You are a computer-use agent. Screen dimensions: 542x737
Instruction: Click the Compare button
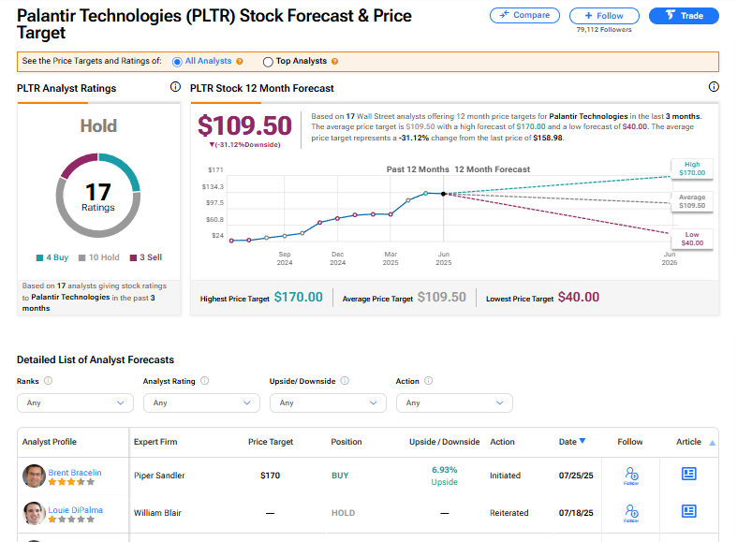click(x=524, y=15)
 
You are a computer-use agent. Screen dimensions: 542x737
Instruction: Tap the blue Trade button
click(x=684, y=15)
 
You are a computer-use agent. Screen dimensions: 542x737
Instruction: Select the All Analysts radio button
click(x=177, y=62)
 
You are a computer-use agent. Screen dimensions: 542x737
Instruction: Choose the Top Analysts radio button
click(x=268, y=62)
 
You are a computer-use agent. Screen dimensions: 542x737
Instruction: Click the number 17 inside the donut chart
click(x=98, y=192)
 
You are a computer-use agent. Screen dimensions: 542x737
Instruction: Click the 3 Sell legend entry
click(x=145, y=257)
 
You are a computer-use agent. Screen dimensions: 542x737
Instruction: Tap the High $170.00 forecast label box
click(x=691, y=168)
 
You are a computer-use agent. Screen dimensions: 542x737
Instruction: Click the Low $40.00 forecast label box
click(x=691, y=239)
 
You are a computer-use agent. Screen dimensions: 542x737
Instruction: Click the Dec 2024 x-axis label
click(x=338, y=257)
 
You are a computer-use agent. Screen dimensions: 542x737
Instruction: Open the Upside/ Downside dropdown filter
click(x=328, y=403)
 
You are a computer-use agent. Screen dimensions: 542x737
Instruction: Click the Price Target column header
click(x=271, y=442)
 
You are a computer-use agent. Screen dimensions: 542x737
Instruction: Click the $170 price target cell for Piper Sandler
click(x=271, y=476)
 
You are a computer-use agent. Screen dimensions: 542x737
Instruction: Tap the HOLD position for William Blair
click(x=344, y=513)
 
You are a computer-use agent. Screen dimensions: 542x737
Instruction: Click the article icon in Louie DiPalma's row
click(x=688, y=511)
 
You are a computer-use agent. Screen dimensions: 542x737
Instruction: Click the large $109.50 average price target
click(x=245, y=126)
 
